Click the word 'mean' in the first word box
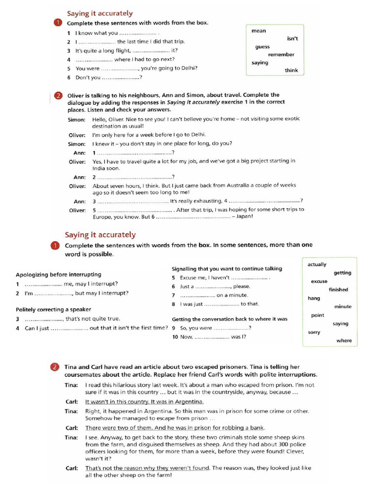click(x=258, y=31)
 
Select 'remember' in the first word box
click(x=281, y=55)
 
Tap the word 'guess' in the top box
click(x=262, y=47)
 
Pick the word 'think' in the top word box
click(x=291, y=70)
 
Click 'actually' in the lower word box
click(x=316, y=264)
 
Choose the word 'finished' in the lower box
click(x=338, y=290)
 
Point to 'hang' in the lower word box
click(x=314, y=298)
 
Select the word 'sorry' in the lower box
click(x=314, y=332)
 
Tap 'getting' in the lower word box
click(x=342, y=273)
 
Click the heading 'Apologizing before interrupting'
click(x=59, y=275)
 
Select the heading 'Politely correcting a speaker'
click(x=53, y=309)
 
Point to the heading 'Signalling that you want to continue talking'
click(x=227, y=269)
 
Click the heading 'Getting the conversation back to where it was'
click(x=229, y=319)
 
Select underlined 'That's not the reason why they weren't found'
click(x=147, y=468)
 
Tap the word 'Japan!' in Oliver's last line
click(x=245, y=217)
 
